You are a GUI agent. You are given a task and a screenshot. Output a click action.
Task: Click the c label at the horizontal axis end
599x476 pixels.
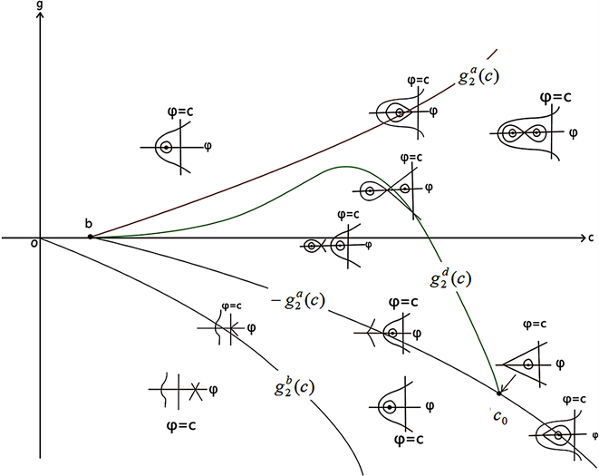[589, 238]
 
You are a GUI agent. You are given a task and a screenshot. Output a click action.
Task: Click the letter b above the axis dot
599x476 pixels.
[89, 222]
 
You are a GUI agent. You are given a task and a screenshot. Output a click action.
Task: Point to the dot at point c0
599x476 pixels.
[499, 392]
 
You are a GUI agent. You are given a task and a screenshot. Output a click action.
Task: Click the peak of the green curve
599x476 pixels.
[345, 167]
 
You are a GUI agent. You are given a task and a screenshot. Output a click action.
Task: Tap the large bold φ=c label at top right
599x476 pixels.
[556, 98]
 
